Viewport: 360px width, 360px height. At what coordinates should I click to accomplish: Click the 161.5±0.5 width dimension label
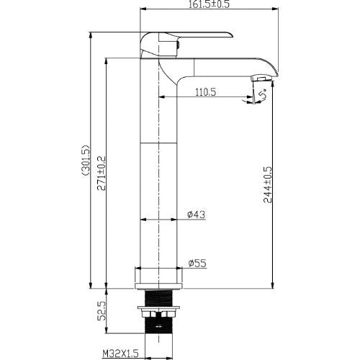coord(209,4)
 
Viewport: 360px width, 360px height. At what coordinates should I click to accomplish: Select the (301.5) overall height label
coord(86,161)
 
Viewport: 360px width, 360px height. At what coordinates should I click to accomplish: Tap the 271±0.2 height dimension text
coord(101,174)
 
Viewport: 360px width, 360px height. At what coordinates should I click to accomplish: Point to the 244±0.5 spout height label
coord(268,184)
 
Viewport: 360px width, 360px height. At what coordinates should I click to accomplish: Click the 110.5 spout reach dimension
coord(205,92)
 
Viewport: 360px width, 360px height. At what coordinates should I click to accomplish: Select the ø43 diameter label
coord(197,215)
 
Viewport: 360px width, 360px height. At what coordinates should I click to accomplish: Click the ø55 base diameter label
coord(197,264)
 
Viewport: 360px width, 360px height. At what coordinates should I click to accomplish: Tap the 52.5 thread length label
coord(102,311)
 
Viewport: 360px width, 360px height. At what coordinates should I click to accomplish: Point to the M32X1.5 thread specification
coord(120,354)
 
